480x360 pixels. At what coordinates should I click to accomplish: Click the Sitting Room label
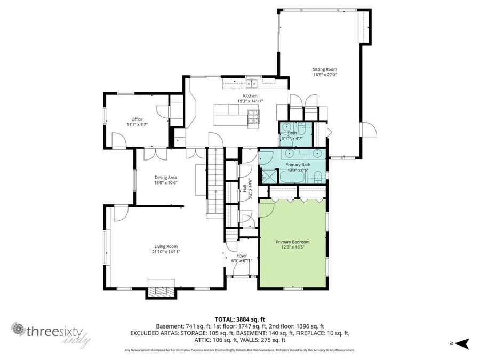point(324,69)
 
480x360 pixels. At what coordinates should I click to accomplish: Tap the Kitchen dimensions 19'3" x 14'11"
point(250,101)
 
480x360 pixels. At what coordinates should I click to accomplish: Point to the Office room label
point(137,119)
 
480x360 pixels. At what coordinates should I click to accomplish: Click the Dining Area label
point(165,178)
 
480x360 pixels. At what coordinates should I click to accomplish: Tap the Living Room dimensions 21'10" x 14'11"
point(165,252)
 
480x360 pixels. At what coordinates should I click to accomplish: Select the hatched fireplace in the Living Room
point(161,291)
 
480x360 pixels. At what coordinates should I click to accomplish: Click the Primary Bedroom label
point(292,242)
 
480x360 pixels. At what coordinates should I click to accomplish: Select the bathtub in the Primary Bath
point(293,177)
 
